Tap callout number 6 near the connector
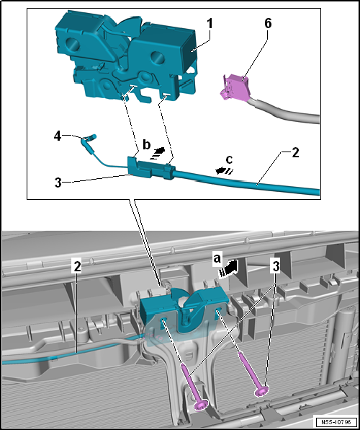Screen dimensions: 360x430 pos(268,24)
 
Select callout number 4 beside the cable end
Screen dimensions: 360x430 pos(58,136)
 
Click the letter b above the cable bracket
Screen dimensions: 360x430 pos(147,145)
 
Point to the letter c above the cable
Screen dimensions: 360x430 pos(229,159)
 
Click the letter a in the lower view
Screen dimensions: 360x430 pos(217,258)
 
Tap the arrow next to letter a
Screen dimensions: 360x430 pos(228,268)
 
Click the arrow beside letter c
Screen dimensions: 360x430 pos(224,171)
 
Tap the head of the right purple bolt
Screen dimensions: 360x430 pos(261,391)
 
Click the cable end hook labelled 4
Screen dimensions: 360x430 pos(89,139)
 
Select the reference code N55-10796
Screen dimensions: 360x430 pos(336,421)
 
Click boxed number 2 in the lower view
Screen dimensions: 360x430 pos(78,267)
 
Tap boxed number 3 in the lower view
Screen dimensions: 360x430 pos(275,267)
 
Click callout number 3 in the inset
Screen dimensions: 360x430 pos(58,183)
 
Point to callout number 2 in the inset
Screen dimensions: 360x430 pos(295,153)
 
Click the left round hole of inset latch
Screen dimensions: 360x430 pos(72,43)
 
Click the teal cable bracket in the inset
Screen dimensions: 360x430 pos(151,168)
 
